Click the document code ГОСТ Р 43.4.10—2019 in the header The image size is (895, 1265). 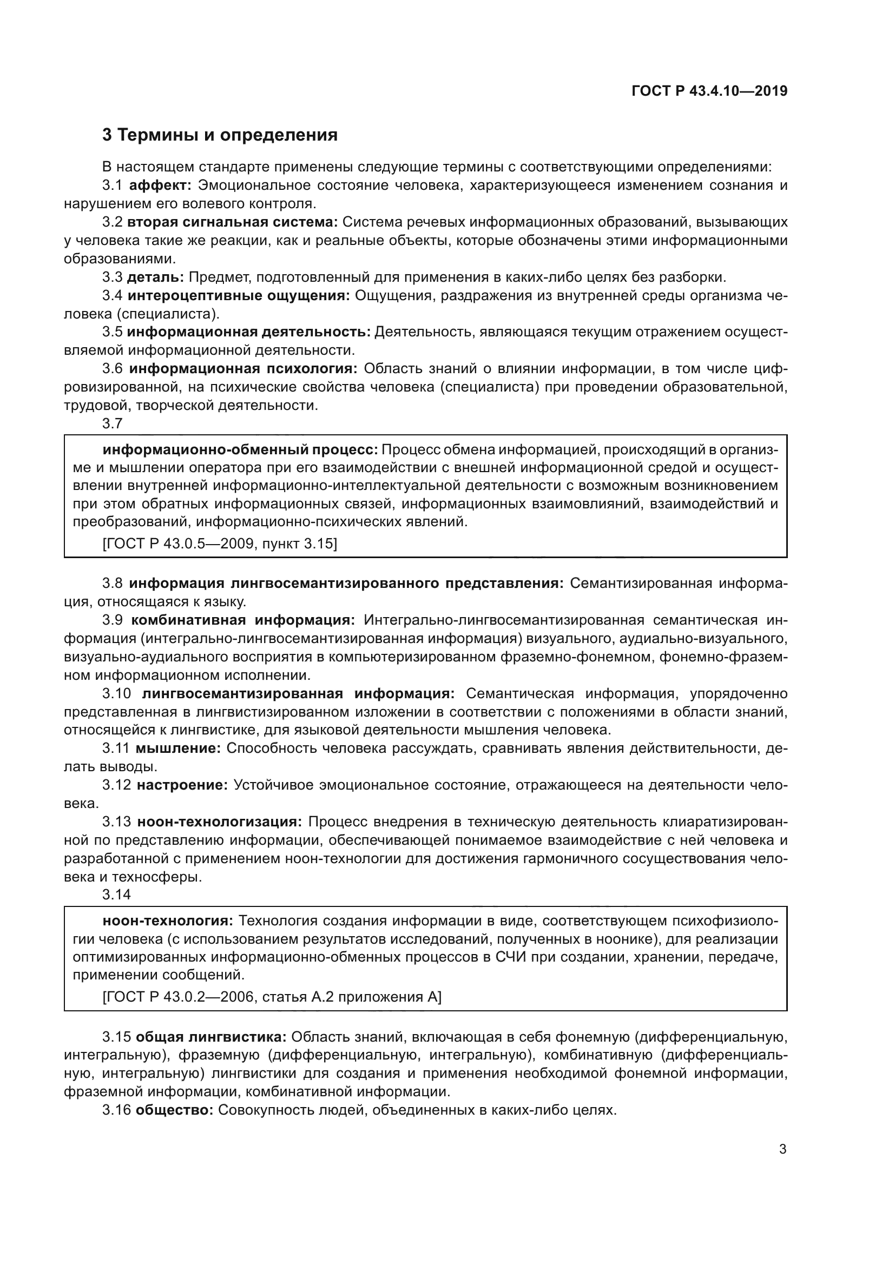(x=709, y=91)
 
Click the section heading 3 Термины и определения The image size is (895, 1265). (x=220, y=135)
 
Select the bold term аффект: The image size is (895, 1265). (x=160, y=185)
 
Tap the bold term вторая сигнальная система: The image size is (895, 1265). (x=233, y=222)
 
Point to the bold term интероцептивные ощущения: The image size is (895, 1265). (x=239, y=296)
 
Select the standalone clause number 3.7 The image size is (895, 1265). (x=113, y=423)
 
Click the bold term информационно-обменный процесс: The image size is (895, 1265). (x=240, y=449)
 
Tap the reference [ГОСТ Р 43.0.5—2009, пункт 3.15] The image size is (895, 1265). (x=219, y=543)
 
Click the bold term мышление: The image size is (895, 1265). (x=178, y=748)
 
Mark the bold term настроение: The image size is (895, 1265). (x=182, y=785)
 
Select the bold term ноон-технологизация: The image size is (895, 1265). (x=219, y=822)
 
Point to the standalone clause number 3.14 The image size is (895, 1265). (x=116, y=895)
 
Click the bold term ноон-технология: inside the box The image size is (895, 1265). (x=168, y=920)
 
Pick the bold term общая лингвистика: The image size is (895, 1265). (x=210, y=1037)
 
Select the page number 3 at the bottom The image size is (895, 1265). (x=782, y=1149)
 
